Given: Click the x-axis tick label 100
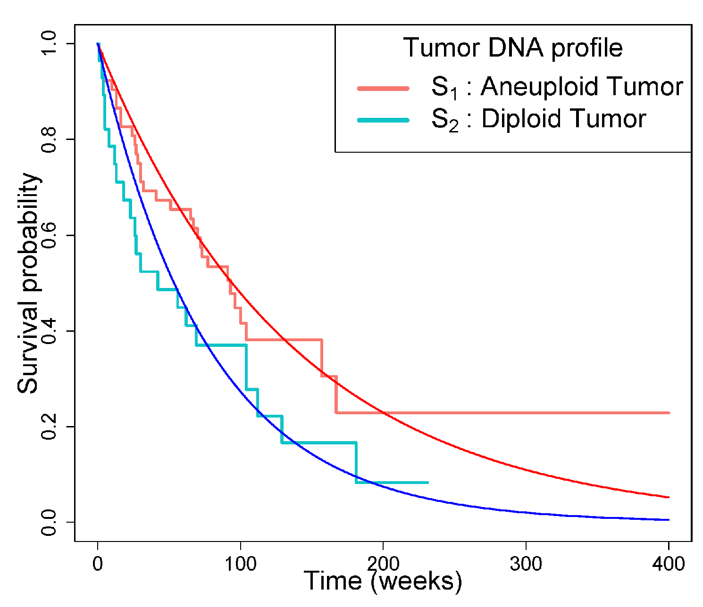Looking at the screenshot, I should coord(241,564).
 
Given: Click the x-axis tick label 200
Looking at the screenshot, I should coord(383,564).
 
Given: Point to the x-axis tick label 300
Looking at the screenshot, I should coord(526,564).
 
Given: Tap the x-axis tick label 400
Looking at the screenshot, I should coord(669,564).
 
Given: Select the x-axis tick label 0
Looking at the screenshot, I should coord(98,564).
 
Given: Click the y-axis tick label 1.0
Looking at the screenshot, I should coord(49,44).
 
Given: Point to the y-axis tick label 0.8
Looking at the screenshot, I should coord(49,139).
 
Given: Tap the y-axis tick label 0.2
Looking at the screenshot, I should coord(49,427).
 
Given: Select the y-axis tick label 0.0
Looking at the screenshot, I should coord(49,522).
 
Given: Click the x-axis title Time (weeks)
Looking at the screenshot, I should coord(383,581).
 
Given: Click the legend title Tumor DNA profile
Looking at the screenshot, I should coord(513,48).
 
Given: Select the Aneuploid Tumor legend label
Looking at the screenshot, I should coord(557,88).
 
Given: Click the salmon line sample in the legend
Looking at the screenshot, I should coord(383,88).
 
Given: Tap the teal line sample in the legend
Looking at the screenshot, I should coord(383,120).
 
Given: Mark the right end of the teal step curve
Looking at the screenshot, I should coord(427,483).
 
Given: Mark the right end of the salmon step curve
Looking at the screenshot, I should coord(669,413).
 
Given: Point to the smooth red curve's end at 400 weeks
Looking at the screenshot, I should coord(669,497).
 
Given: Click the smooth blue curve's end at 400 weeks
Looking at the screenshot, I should coord(669,520).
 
